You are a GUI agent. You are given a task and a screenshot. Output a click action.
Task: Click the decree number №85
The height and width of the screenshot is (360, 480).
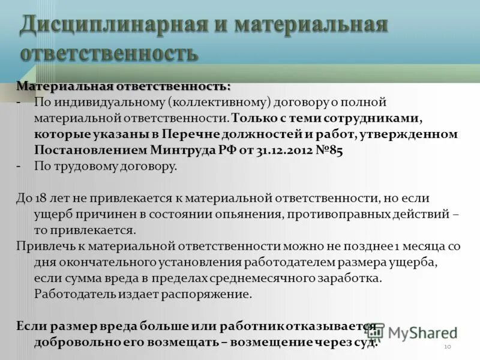pos(329,150)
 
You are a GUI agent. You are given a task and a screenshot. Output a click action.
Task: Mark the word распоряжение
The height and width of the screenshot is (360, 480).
pos(215,294)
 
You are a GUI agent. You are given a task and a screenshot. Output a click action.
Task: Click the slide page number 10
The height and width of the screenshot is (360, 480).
pos(447,347)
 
